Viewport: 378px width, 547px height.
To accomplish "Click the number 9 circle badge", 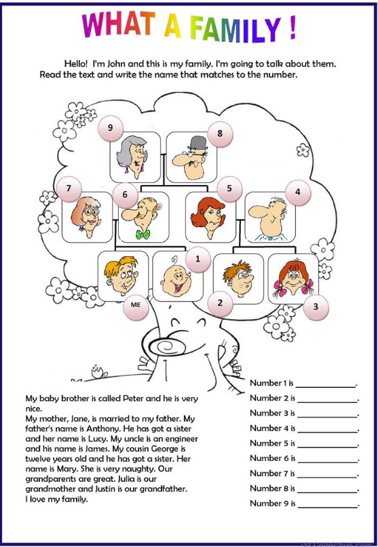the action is [x=110, y=126].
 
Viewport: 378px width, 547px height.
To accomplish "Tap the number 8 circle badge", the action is [x=220, y=134].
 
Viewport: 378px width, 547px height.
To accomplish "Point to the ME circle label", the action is [x=135, y=306].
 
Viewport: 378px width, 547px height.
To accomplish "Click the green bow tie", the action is [x=143, y=235].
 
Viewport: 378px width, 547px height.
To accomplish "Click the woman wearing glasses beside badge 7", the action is [x=87, y=217].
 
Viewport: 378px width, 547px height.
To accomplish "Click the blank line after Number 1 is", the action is [x=327, y=385].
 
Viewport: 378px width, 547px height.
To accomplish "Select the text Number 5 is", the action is [x=273, y=443].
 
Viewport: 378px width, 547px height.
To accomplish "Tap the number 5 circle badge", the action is [x=229, y=189].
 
